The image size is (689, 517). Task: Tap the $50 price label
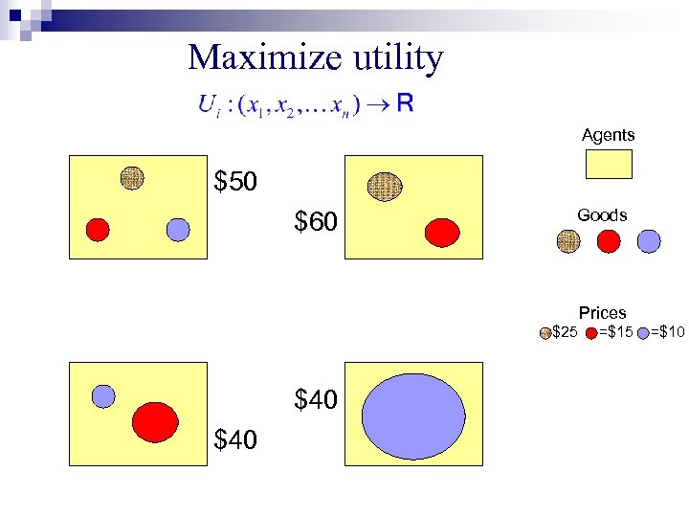(x=235, y=181)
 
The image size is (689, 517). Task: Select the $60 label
(x=316, y=223)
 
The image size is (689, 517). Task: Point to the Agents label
(x=608, y=135)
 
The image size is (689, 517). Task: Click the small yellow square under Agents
(x=608, y=164)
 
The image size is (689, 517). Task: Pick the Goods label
(x=602, y=215)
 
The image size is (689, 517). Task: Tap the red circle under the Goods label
(x=609, y=241)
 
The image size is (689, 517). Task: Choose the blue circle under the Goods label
(x=648, y=241)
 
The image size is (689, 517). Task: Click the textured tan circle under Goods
(x=568, y=241)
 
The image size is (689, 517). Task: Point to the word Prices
(x=602, y=313)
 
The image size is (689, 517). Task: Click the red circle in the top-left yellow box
(x=97, y=229)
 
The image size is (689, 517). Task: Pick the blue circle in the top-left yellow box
(x=178, y=229)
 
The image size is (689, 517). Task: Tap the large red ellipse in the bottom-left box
(x=155, y=420)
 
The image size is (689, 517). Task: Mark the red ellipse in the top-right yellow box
(x=442, y=232)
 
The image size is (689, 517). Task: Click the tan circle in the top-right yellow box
(x=385, y=185)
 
